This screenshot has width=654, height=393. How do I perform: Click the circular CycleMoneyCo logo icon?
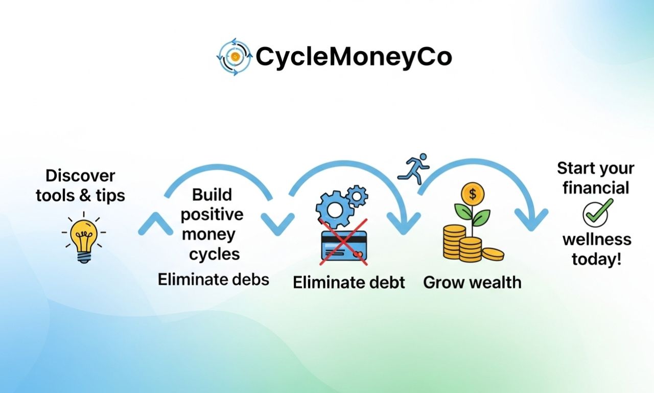pyautogui.click(x=234, y=57)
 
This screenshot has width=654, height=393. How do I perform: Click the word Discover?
pyautogui.click(x=80, y=176)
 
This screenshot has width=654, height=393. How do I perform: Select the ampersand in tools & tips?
pyautogui.click(x=85, y=195)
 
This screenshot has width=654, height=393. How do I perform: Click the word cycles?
pyautogui.click(x=215, y=255)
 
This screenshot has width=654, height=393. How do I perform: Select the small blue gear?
pyautogui.click(x=357, y=196)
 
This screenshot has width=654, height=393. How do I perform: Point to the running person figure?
pyautogui.click(x=413, y=169)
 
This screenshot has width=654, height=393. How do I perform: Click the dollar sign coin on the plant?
pyautogui.click(x=473, y=194)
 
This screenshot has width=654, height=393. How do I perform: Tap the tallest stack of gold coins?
pyautogui.click(x=454, y=242)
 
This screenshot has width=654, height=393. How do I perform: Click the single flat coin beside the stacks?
pyautogui.click(x=493, y=254)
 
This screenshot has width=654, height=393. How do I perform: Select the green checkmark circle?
pyautogui.click(x=596, y=214)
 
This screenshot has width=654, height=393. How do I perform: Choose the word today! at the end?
pyautogui.click(x=596, y=259)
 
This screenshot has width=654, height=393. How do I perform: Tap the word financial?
pyautogui.click(x=596, y=188)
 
